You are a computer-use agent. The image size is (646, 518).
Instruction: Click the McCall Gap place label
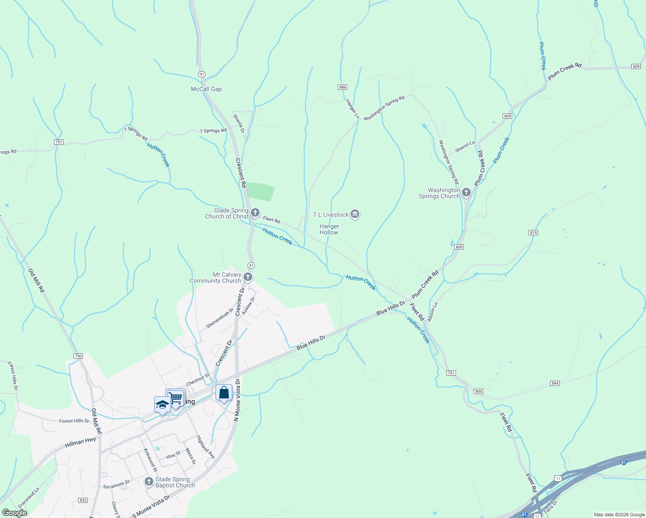pyautogui.click(x=206, y=89)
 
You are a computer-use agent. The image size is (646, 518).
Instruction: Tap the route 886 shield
pyautogui.click(x=342, y=87)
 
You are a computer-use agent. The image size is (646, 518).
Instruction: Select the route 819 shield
pyautogui.click(x=533, y=233)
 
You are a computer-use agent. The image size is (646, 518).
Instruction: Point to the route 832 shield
pyautogui.click(x=83, y=500)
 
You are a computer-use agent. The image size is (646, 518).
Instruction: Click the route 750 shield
pyautogui.click(x=78, y=356)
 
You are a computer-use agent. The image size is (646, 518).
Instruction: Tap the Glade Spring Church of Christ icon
pyautogui.click(x=255, y=213)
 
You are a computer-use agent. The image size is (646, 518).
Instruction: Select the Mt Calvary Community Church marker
pyautogui.click(x=248, y=277)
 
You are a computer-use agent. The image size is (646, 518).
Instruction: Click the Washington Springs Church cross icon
pyautogui.click(x=466, y=193)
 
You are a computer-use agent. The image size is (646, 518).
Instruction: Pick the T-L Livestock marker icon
pyautogui.click(x=355, y=214)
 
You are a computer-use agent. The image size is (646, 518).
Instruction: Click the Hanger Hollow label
pyautogui.click(x=329, y=229)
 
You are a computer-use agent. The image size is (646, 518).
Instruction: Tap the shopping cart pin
pyautogui.click(x=176, y=398)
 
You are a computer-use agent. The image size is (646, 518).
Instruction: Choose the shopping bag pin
pyautogui.click(x=224, y=393)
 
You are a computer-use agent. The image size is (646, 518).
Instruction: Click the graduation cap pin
pyautogui.click(x=162, y=405)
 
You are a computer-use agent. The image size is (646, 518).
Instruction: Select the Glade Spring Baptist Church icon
pyautogui.click(x=149, y=482)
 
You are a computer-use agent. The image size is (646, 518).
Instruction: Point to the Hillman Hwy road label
pyautogui.click(x=80, y=442)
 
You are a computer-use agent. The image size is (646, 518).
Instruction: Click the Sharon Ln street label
pyautogui.click(x=465, y=147)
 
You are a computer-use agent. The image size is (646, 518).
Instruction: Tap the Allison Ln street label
pyautogui.click(x=433, y=312)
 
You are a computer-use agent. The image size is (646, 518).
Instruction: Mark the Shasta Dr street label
pyautogui.click(x=239, y=123)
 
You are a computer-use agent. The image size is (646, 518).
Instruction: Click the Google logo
pyautogui.click(x=14, y=513)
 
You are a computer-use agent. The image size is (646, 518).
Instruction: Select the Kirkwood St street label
pyautogui.click(x=150, y=460)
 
